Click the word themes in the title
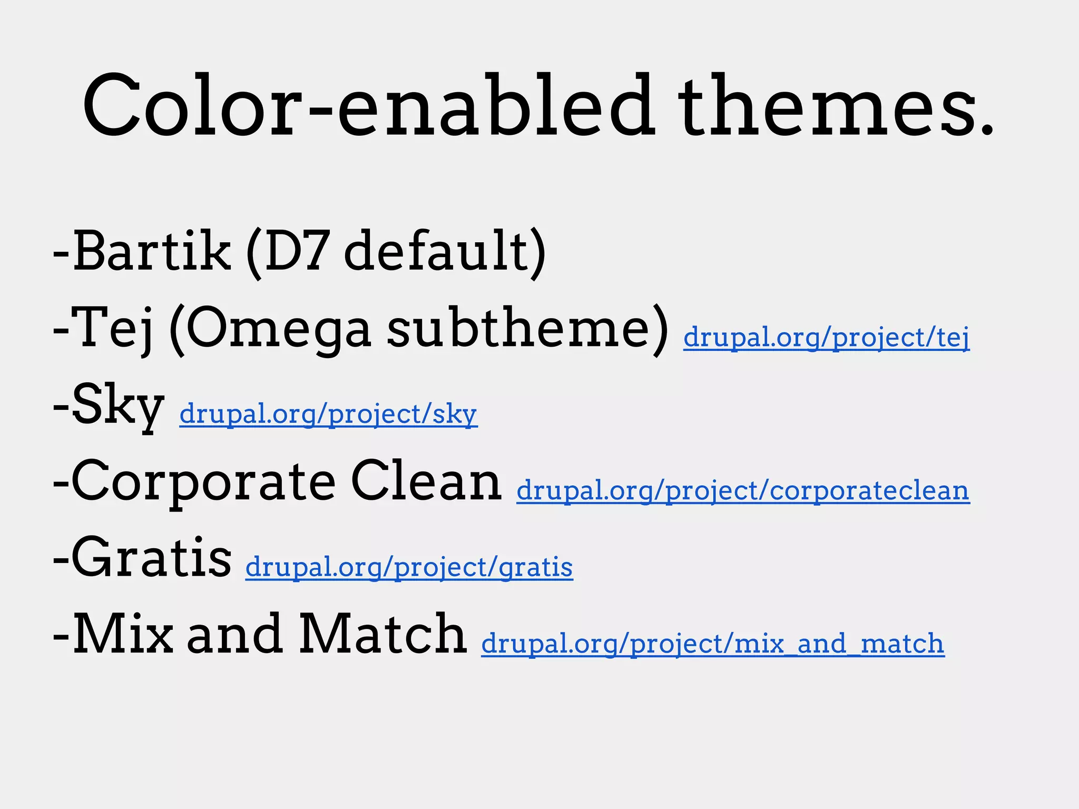pos(835,105)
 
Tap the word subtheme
pos(519,328)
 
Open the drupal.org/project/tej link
pos(826,337)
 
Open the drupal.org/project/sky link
pos(328,414)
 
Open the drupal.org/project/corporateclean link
pos(743,491)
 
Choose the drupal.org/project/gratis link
pos(409,567)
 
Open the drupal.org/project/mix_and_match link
pos(712,644)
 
